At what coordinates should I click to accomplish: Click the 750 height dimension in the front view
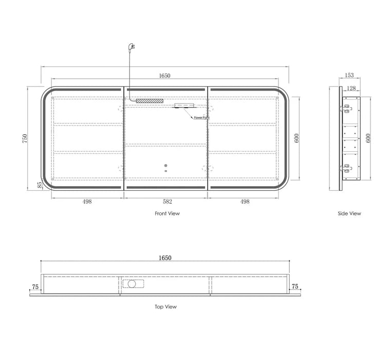tap(25, 138)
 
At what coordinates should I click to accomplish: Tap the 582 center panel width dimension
tap(167, 202)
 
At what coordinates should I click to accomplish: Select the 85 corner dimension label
tap(40, 185)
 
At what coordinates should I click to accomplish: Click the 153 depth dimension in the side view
tap(349, 75)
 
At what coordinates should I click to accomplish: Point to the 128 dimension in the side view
tap(351, 88)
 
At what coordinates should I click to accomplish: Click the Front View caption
tap(167, 213)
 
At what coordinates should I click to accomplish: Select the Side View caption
tap(349, 213)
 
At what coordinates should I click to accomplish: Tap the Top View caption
tap(165, 307)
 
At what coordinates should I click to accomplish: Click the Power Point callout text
tap(202, 118)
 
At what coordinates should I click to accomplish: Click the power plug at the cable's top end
tap(131, 46)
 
